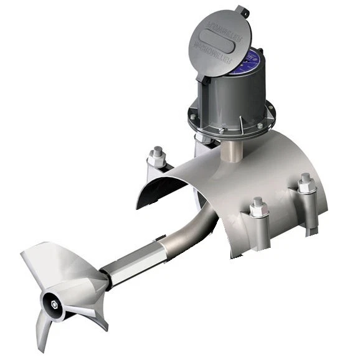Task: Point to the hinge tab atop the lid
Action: [241, 11]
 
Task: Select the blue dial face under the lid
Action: [252, 63]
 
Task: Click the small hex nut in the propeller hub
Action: [58, 304]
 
